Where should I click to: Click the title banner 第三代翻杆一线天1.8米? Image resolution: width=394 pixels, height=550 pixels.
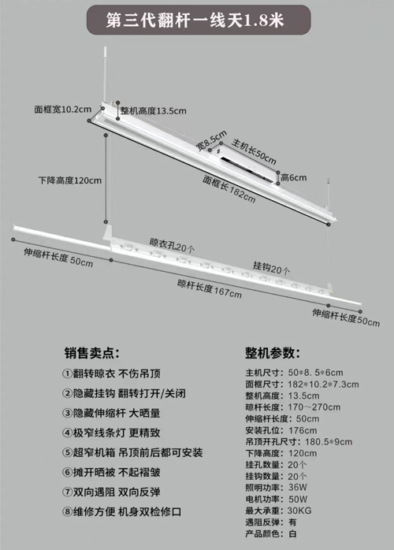[199, 20]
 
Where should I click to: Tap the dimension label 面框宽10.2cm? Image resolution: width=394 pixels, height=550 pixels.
[63, 110]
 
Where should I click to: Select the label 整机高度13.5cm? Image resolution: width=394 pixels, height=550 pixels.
[154, 111]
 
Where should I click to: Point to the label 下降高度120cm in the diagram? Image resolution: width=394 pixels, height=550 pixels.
[70, 180]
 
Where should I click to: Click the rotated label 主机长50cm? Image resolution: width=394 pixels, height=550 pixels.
[254, 151]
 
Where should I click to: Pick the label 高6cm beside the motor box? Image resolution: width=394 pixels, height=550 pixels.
[294, 178]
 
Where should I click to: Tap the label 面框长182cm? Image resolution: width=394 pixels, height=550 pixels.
[229, 188]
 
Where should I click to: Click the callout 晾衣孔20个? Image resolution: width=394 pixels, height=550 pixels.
[172, 245]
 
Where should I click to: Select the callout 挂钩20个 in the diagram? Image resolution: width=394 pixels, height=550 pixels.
[272, 267]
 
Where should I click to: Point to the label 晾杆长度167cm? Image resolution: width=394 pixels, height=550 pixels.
[210, 288]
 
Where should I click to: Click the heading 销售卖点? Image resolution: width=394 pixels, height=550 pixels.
[92, 353]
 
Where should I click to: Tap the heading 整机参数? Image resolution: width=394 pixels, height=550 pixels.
[273, 353]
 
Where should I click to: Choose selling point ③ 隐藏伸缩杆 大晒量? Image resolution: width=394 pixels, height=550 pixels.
[112, 413]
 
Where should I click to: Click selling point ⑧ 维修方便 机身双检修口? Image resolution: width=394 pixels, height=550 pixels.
[122, 511]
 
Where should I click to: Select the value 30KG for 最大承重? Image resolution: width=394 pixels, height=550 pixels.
[299, 511]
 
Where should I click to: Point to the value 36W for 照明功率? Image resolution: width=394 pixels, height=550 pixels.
[298, 487]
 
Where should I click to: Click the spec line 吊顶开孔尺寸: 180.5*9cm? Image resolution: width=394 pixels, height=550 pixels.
[299, 441]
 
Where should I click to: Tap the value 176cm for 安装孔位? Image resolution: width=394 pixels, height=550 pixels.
[303, 430]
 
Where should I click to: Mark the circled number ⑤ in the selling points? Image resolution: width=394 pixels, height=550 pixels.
[67, 452]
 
